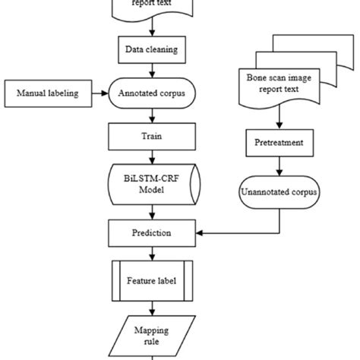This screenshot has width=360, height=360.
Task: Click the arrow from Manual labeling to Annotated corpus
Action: click(99, 95)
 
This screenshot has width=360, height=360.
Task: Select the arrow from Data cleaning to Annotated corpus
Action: click(154, 72)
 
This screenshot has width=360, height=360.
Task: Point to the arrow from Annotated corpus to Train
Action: click(154, 117)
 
